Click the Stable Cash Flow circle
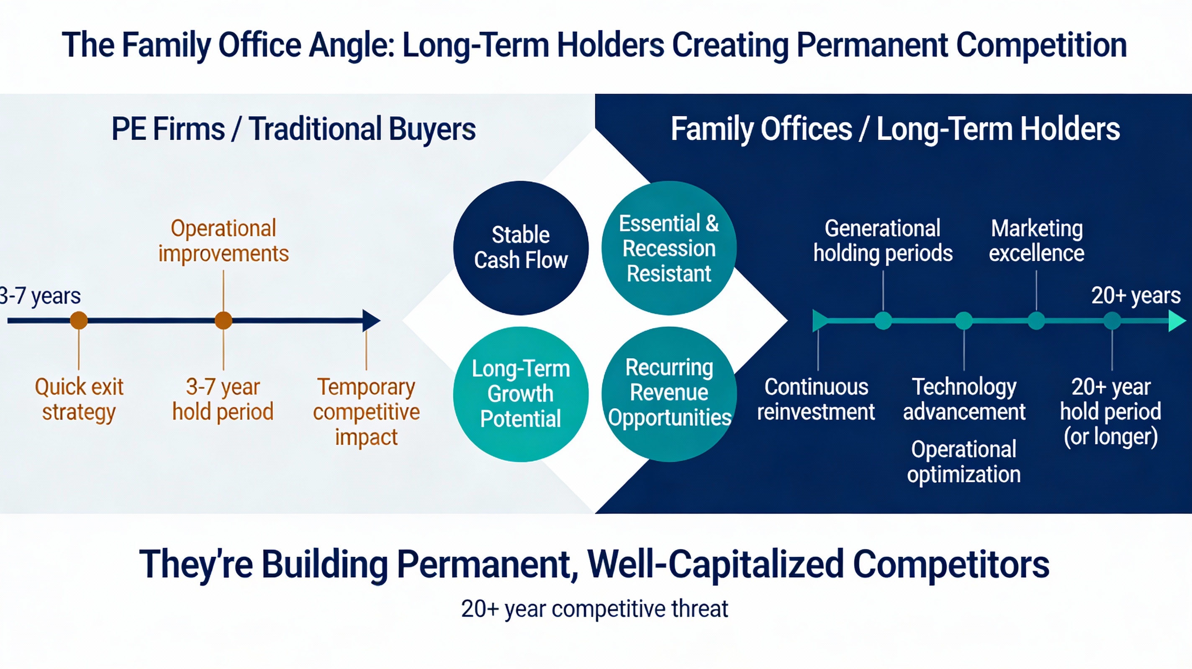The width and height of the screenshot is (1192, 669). click(521, 248)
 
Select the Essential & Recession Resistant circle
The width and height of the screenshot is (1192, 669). click(669, 248)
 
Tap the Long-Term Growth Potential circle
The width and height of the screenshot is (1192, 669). click(521, 394)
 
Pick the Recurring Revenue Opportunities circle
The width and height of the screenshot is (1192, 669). click(669, 394)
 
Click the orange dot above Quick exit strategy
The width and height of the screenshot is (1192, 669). click(79, 320)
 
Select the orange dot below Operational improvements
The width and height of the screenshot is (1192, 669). click(223, 320)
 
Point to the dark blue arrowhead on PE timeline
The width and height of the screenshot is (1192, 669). click(370, 320)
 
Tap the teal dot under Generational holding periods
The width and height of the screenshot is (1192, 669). click(883, 320)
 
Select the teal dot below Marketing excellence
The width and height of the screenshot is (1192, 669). click(1036, 320)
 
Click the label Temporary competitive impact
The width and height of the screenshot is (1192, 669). click(366, 411)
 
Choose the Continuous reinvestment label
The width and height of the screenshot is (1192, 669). click(816, 399)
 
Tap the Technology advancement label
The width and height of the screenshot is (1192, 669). click(964, 399)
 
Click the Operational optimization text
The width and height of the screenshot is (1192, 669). click(964, 462)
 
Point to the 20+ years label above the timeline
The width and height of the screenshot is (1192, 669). click(1135, 295)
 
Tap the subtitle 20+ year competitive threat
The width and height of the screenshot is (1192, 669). click(595, 608)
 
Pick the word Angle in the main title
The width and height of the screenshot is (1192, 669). click(352, 45)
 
